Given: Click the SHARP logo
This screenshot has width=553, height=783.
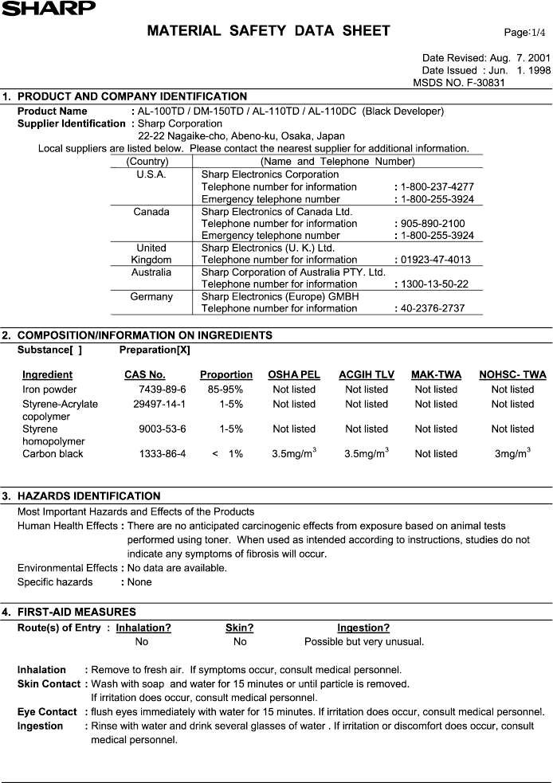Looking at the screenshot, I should [48, 8].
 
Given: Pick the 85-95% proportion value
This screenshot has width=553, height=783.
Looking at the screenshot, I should [226, 390].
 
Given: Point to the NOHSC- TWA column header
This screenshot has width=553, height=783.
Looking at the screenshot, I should [512, 374].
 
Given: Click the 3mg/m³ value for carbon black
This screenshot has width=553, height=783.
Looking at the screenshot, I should [512, 454].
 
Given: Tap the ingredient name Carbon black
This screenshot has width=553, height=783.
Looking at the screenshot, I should [53, 454].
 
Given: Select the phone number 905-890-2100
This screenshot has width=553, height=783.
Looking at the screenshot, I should [433, 224].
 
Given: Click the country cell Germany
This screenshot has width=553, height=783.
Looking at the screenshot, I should [151, 296].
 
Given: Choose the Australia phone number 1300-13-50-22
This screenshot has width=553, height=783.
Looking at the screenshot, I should [437, 284].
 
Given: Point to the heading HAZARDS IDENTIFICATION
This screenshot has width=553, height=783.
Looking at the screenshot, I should [88, 496].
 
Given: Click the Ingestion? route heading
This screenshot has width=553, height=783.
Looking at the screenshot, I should [363, 628].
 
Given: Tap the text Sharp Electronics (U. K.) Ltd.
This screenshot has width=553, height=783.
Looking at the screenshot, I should [268, 248].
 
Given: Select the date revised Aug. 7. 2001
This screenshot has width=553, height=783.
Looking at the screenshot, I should [511, 58].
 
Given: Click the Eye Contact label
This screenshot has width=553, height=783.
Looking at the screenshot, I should [47, 711].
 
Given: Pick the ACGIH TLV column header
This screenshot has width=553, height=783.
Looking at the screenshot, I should [367, 374].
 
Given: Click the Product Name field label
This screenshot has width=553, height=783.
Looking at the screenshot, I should [53, 112].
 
